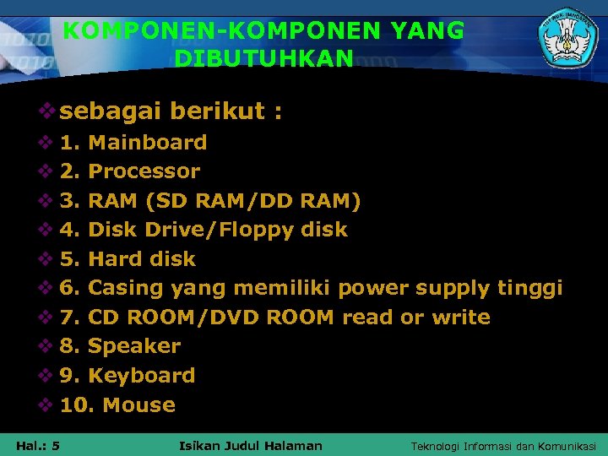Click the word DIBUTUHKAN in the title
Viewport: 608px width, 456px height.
pos(263,59)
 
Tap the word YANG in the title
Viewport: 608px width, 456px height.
pos(427,31)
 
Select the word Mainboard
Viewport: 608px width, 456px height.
pos(147,142)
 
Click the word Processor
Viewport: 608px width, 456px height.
pos(144,171)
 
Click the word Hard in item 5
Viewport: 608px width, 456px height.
pos(111,259)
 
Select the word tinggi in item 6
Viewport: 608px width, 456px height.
pos(529,288)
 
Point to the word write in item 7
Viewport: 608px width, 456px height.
pos(460,318)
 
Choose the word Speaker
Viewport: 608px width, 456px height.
pos(134,346)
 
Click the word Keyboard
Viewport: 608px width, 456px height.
pos(141,376)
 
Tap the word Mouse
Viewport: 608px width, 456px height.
pos(138,405)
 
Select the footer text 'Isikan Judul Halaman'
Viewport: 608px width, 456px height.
pos(252,446)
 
